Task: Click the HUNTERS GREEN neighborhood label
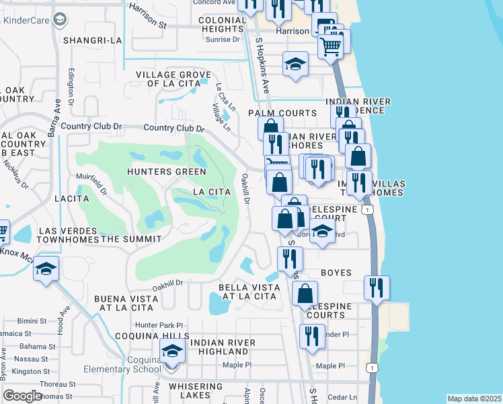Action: tap(167, 172)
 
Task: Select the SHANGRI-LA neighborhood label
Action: tap(93, 40)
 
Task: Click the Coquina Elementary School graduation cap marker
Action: tap(172, 352)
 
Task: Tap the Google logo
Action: tap(22, 396)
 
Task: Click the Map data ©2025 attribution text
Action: tap(474, 399)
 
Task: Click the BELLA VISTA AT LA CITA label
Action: tap(248, 292)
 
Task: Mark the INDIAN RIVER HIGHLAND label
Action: tap(223, 347)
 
